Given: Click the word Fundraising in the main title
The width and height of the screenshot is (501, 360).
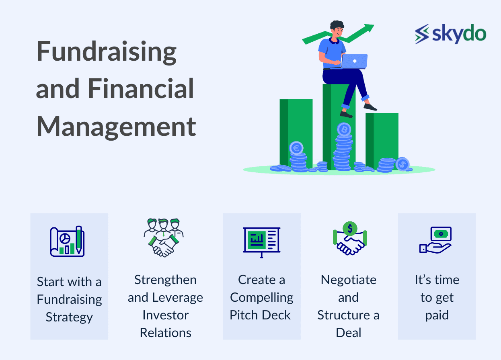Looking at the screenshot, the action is pos(107,52).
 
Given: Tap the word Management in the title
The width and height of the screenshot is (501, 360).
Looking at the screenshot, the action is pos(116,127).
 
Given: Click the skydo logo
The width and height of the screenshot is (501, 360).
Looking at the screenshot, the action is pos(450,34).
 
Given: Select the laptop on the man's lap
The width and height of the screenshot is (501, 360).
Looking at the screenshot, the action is pos(354,61).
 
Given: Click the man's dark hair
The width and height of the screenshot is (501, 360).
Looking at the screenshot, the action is pos(337,25).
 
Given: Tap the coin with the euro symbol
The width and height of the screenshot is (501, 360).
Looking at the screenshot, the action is pos(296,148).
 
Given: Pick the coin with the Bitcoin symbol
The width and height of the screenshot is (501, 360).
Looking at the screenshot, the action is pos(344,129).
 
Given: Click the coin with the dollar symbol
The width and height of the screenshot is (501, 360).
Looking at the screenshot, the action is pos(402,164).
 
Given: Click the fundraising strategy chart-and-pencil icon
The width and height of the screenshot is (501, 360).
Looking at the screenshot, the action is pos(67,241).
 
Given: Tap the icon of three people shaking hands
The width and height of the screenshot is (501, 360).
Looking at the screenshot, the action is pos(164,238).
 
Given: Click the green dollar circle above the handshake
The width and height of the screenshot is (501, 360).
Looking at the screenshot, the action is pos(350,228).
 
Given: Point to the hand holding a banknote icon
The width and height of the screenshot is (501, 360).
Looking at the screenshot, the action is pos(435,240).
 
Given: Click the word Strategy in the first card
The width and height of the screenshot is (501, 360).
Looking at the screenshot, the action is pos(69,317).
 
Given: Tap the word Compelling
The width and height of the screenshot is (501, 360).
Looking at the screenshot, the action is pos(261,298).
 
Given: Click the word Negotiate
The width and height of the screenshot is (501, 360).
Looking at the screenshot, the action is pos(349,280).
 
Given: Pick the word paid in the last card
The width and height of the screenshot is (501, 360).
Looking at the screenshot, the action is pos(437,315).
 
